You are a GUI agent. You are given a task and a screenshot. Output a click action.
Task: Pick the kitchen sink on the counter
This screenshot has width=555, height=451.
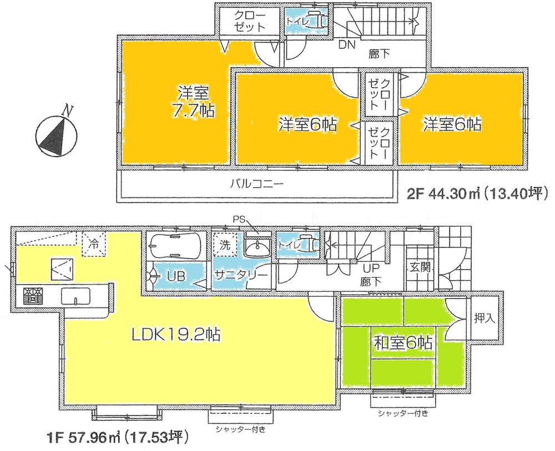point(74,297)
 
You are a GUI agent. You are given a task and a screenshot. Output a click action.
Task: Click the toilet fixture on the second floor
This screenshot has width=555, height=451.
point(314,21)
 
